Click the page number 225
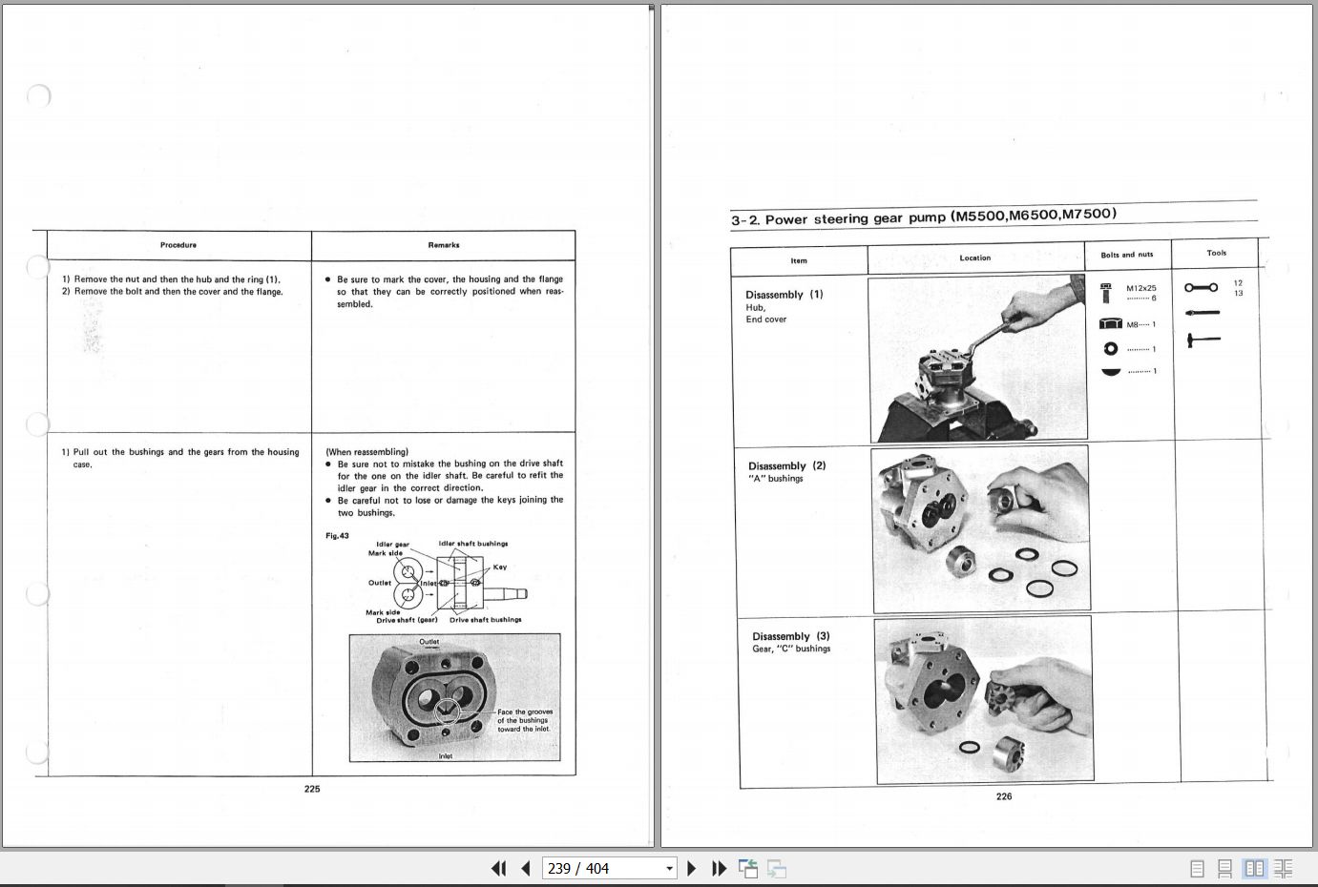click(312, 789)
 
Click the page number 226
click(1004, 796)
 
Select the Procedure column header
click(178, 245)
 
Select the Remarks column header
click(444, 245)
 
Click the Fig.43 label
click(337, 536)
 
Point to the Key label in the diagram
click(500, 567)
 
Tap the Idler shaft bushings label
click(473, 544)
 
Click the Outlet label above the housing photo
click(429, 642)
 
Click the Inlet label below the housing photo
click(446, 756)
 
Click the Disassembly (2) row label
click(786, 466)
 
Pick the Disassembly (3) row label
click(790, 636)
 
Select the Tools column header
click(1216, 253)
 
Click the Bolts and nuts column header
click(1126, 255)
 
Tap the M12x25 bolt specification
click(1140, 288)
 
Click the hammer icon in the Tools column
click(1203, 340)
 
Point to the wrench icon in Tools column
click(1201, 287)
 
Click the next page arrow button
click(692, 868)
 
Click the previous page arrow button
click(526, 868)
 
